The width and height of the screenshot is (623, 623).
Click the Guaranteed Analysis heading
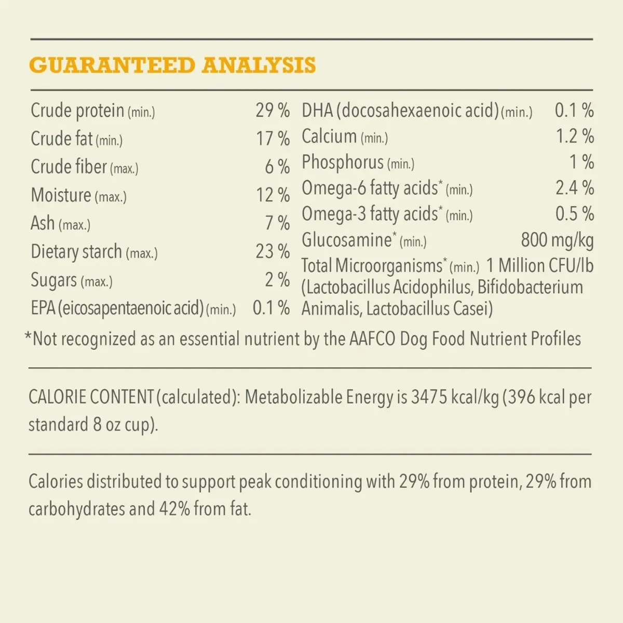click(x=172, y=65)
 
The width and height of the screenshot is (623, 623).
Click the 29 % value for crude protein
click(x=272, y=111)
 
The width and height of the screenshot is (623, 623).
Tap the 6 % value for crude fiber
click(x=277, y=167)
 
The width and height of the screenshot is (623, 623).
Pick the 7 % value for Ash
click(x=277, y=223)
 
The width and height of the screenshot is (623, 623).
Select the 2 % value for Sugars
click(x=277, y=280)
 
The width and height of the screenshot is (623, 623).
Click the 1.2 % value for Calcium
click(x=575, y=137)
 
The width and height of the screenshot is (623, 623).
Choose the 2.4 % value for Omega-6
click(x=574, y=188)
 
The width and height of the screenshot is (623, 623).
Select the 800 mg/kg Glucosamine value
click(x=557, y=240)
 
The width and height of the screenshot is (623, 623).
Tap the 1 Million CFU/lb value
click(x=539, y=266)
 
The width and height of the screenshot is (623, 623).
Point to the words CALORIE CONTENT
click(x=91, y=397)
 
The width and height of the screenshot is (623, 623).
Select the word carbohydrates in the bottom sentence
click(x=76, y=509)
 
